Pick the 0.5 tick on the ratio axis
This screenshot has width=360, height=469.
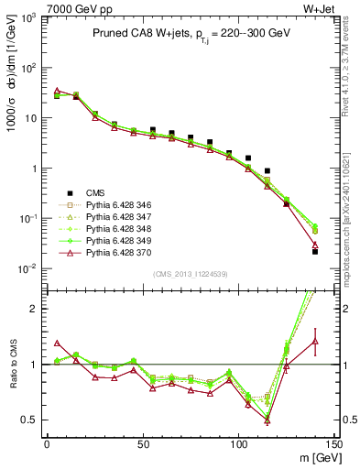click(x=31, y=420)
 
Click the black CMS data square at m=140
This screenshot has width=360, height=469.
click(x=315, y=251)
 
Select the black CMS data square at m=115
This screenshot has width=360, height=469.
click(x=267, y=170)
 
